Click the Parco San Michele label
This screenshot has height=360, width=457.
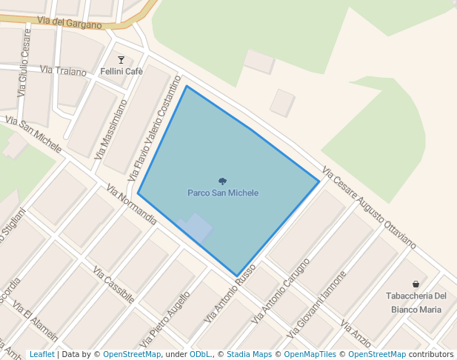tap(223, 193)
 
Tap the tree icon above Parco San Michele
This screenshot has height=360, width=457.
tap(223, 181)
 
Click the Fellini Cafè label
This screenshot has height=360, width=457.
tap(121, 72)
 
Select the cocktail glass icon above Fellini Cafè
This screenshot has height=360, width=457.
tap(121, 60)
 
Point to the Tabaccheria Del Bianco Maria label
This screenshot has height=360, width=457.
tap(416, 302)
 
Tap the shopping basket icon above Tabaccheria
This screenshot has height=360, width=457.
tap(416, 284)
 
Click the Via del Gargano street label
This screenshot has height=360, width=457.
tap(68, 22)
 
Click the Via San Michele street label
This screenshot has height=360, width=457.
tap(33, 133)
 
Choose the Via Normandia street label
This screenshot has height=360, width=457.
tap(132, 204)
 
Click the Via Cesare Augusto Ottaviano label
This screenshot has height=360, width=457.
tap(369, 208)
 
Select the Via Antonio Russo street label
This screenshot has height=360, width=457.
tap(230, 293)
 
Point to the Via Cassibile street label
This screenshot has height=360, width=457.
tap(114, 284)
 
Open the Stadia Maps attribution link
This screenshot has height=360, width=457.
tap(249, 355)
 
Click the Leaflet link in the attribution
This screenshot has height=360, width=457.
tap(41, 355)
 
